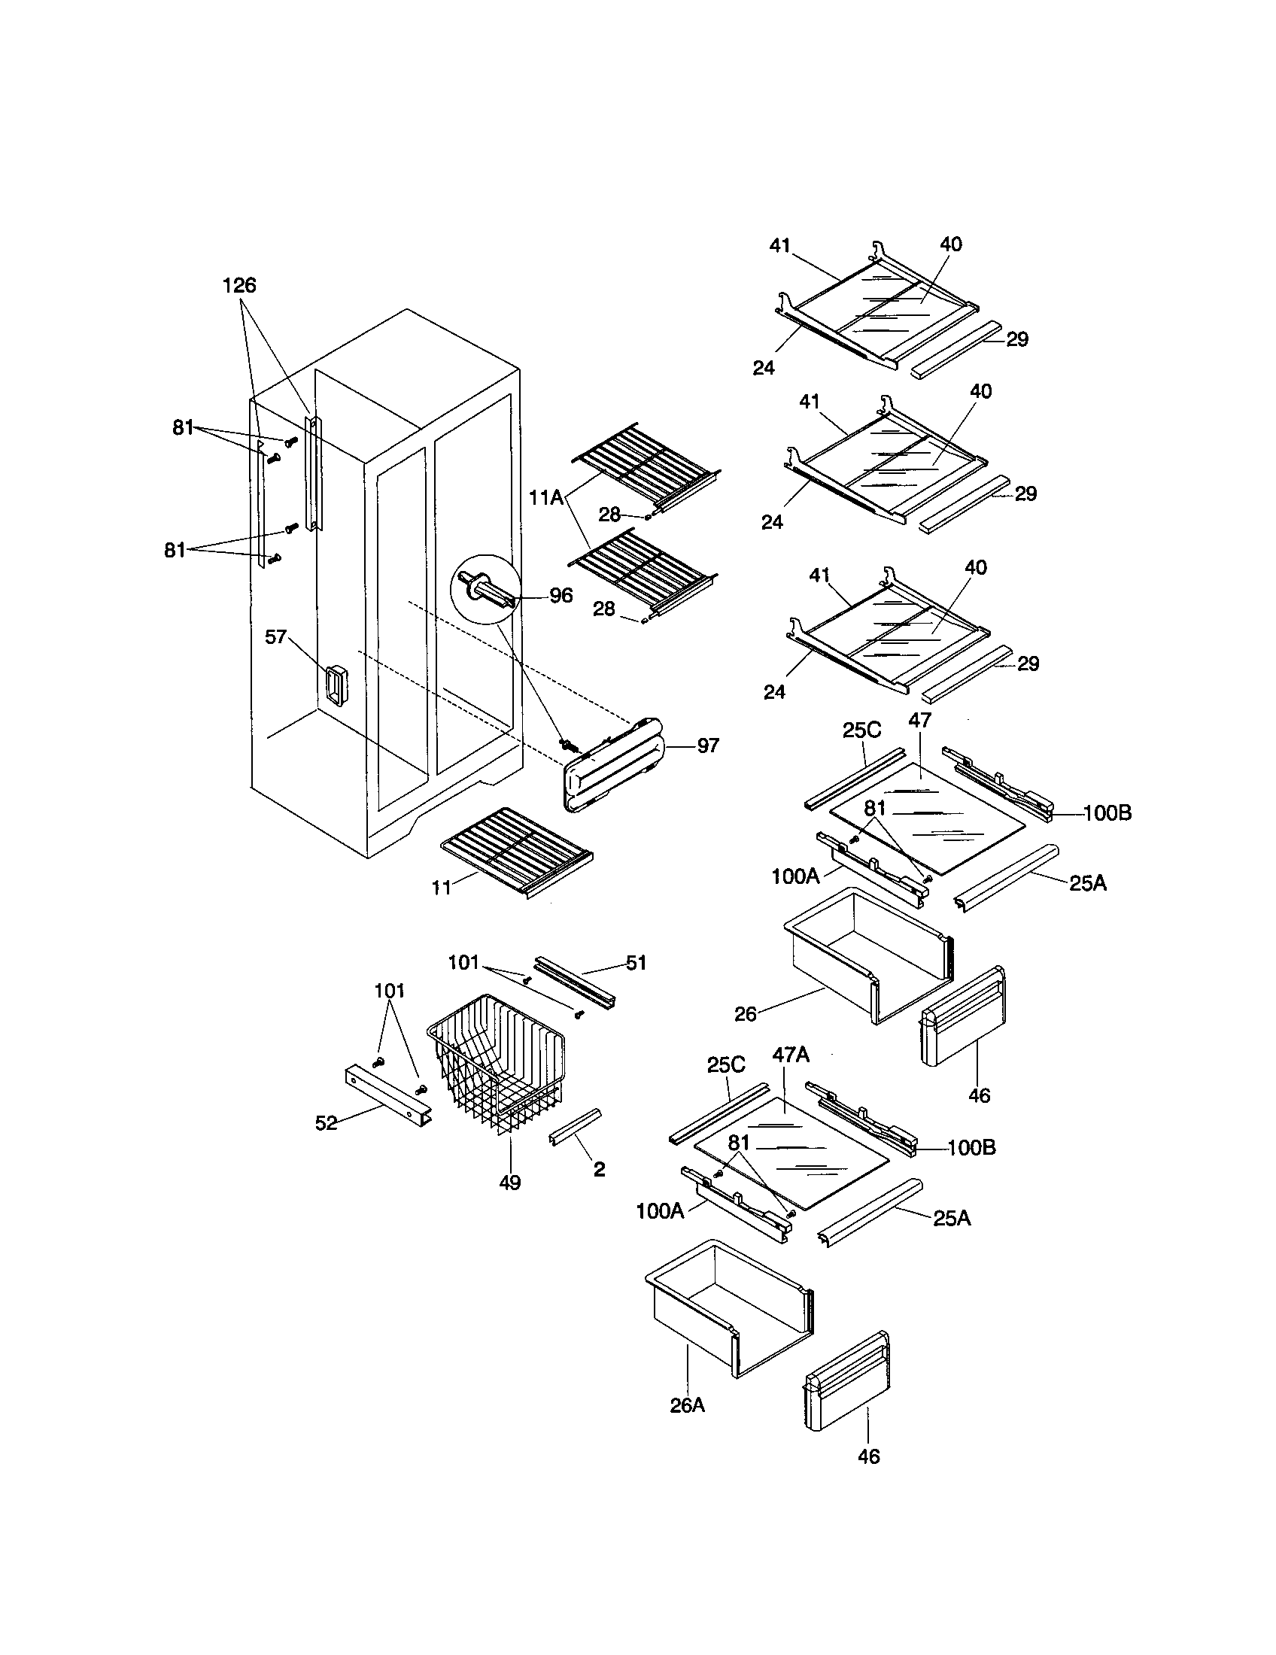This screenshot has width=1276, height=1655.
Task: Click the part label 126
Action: pos(238,286)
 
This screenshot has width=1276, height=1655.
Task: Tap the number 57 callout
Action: pos(275,636)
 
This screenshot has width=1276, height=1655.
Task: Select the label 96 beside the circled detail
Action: pos(561,595)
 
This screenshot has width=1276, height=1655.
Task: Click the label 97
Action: pos(707,746)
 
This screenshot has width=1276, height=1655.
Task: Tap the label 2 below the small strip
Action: pos(599,1169)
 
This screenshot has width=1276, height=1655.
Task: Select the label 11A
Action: pos(545,498)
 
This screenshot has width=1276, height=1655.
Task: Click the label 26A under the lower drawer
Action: pos(686,1406)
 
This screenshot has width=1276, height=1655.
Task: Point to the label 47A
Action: pos(790,1055)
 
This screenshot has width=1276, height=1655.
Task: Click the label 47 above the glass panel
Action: pos(919,720)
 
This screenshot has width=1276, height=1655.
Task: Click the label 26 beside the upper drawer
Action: pos(746,1014)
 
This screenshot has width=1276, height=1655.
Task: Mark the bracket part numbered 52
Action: pos(387,1095)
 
